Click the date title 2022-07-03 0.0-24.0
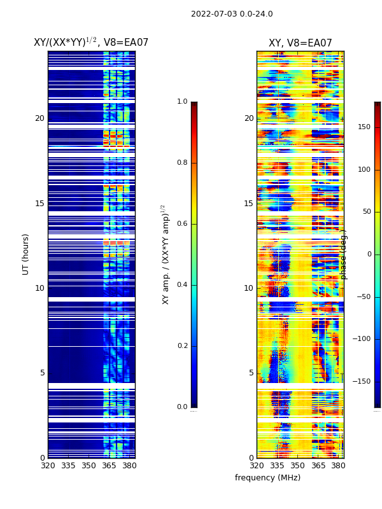click(232, 14)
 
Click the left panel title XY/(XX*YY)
click(91, 43)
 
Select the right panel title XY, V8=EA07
click(300, 43)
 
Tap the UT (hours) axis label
click(26, 254)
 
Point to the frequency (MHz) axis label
click(267, 478)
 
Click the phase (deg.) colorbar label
click(344, 254)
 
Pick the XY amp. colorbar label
click(165, 254)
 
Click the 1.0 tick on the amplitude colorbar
click(182, 102)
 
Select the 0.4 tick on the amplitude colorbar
click(182, 285)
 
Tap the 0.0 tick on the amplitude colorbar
click(182, 407)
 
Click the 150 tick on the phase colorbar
click(364, 127)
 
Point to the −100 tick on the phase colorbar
click(362, 339)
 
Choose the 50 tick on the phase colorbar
click(365, 212)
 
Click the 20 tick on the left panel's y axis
click(39, 118)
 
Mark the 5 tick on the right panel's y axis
click(251, 373)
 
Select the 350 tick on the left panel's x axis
click(88, 466)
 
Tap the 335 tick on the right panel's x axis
click(277, 466)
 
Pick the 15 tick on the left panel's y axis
click(39, 204)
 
